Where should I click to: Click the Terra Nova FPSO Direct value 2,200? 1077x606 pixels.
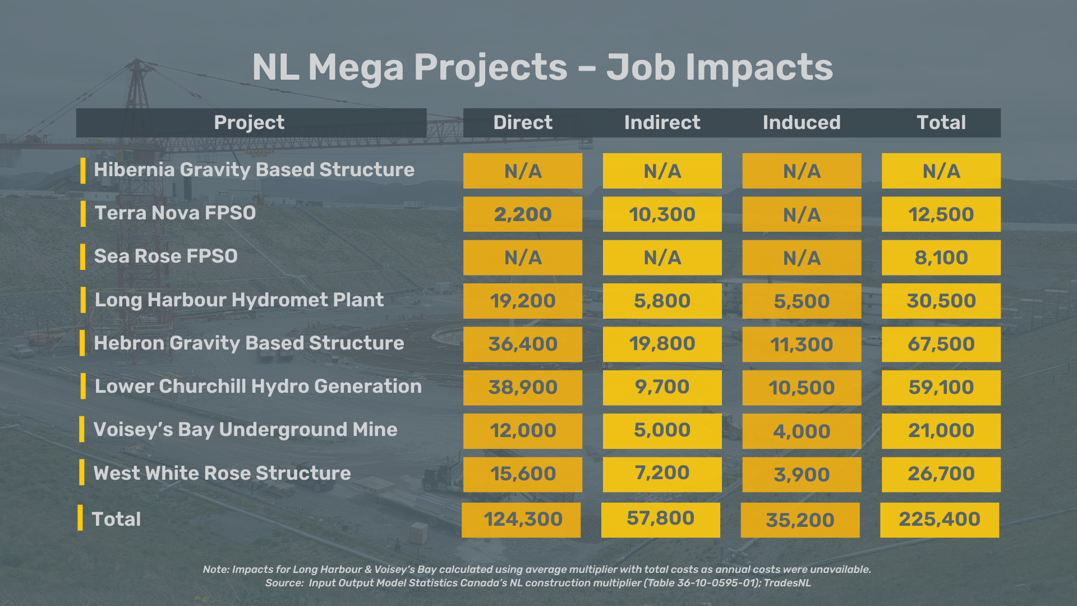point(522,214)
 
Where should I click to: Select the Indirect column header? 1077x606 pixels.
point(662,123)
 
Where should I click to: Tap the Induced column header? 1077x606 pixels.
point(801,123)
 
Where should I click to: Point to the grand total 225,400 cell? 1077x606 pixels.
point(939,520)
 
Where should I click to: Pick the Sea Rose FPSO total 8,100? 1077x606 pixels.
point(941,258)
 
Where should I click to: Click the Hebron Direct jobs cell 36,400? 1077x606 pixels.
point(522,344)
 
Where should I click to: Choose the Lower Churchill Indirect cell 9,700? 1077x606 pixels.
point(662,387)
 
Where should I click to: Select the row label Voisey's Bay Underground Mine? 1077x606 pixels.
point(245,430)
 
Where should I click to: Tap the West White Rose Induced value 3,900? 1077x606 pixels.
point(801,475)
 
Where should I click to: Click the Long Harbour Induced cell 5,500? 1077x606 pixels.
point(801,301)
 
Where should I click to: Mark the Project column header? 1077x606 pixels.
point(250,123)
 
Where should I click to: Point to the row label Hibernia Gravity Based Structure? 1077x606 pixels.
point(254,170)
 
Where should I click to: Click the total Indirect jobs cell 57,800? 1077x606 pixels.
point(660,519)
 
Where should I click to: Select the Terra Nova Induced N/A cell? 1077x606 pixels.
point(801,214)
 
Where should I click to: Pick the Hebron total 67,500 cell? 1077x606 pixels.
point(941,344)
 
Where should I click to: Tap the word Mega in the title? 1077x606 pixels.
point(356,67)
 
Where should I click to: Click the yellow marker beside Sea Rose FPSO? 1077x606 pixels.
point(83,256)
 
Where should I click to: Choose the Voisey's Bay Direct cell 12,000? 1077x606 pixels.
point(522,431)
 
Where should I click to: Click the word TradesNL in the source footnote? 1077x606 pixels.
point(787,583)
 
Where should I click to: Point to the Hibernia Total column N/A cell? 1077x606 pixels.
point(941,171)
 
